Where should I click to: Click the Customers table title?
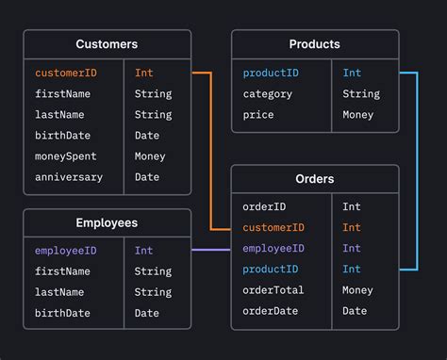(107, 44)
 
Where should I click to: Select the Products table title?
(315, 44)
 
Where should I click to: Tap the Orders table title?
(315, 179)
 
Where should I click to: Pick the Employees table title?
(107, 223)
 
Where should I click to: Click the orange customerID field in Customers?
(65, 73)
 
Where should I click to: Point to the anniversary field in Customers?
(69, 177)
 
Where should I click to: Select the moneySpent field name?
(66, 156)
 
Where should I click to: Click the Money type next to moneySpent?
(149, 156)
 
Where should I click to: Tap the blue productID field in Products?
(272, 73)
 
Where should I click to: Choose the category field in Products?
(268, 94)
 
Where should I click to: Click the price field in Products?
(258, 115)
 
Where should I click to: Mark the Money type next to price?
(357, 115)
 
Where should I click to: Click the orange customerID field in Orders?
(273, 227)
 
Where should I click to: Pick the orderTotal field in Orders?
(273, 290)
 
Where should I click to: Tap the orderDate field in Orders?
(270, 311)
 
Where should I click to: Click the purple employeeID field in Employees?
(65, 251)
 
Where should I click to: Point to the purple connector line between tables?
(211, 250)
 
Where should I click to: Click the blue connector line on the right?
(416, 170)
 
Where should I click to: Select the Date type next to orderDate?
(355, 311)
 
